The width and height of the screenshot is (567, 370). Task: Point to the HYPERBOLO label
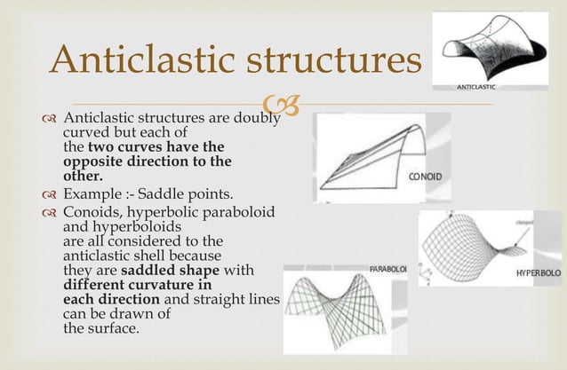click(x=538, y=272)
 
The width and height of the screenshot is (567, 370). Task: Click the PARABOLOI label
click(x=388, y=267)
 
